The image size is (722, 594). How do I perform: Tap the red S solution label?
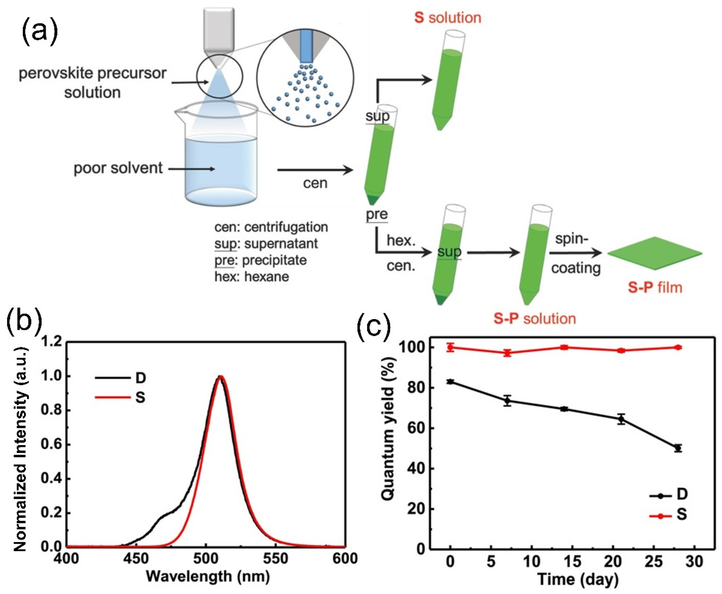click(x=448, y=18)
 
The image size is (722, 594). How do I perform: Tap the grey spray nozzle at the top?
click(x=219, y=31)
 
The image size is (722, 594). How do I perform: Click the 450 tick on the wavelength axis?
click(x=136, y=559)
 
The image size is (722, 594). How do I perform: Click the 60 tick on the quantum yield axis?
click(x=416, y=429)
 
